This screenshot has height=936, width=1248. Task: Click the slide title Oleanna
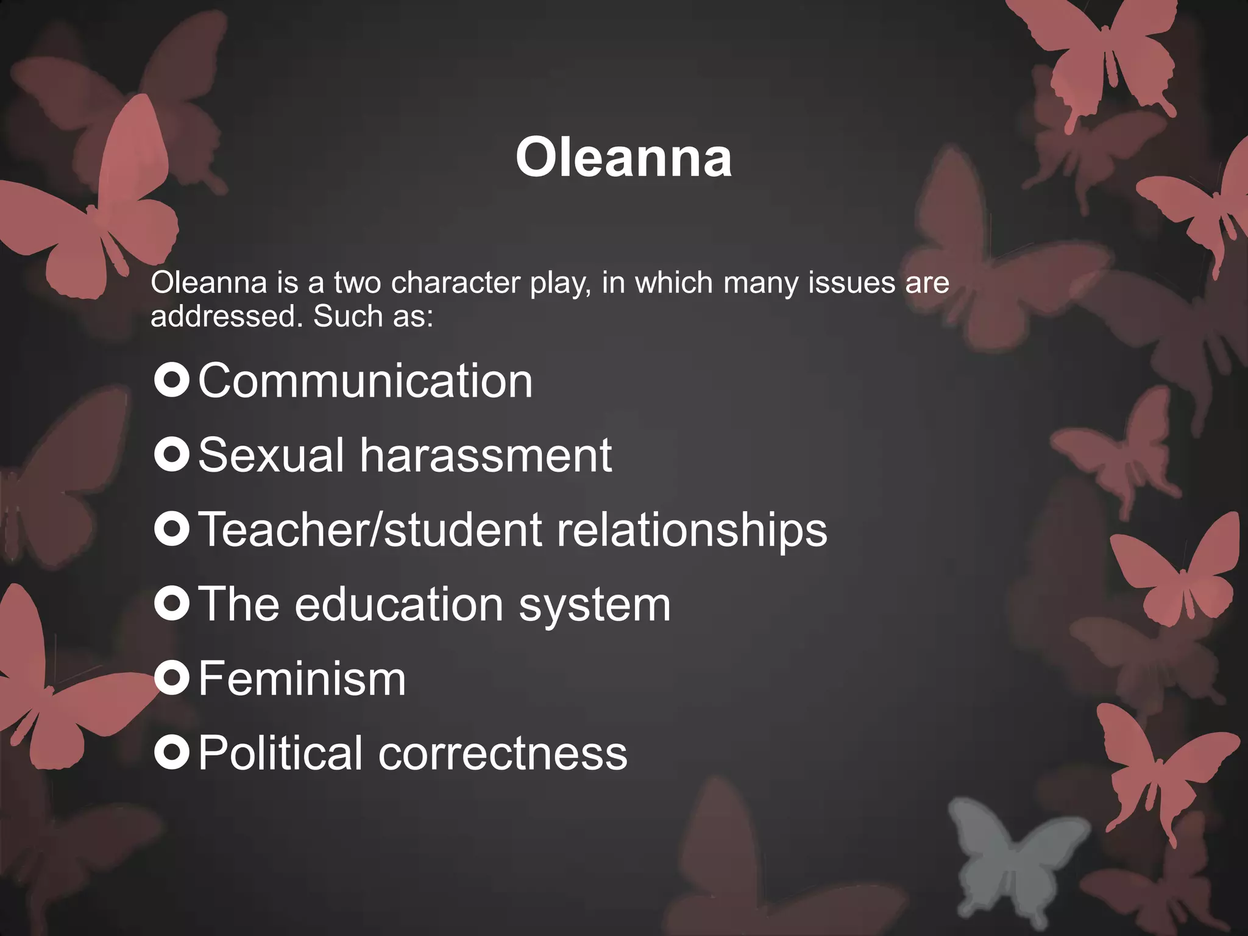(623, 158)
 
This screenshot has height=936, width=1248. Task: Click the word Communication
(366, 381)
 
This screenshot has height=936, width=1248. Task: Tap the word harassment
(486, 455)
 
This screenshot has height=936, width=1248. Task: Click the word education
(399, 604)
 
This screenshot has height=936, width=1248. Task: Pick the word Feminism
(302, 679)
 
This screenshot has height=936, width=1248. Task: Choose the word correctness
(503, 753)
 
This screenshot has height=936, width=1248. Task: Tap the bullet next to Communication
(172, 381)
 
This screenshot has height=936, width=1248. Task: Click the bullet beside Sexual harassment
(172, 455)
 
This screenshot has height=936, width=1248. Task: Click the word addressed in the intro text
(226, 316)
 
